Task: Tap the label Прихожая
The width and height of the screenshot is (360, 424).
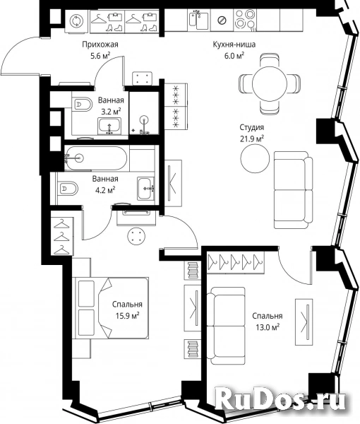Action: point(100,45)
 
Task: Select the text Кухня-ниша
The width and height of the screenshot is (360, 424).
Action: point(234,45)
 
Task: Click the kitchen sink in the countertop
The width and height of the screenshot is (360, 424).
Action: point(198,20)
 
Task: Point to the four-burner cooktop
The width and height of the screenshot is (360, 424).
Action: point(245,20)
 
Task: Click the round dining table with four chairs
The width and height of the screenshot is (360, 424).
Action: point(269,84)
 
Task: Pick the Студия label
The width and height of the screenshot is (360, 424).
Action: point(252,127)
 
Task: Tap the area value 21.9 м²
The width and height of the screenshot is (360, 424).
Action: point(252,139)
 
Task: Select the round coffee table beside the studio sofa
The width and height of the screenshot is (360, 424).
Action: point(255,158)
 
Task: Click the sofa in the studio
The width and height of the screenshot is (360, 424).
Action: point(293,190)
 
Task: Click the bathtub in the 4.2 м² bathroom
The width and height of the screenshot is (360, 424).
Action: point(95,158)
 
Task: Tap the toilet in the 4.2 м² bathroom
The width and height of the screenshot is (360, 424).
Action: point(67,189)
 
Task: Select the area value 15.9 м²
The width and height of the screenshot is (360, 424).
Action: point(128,316)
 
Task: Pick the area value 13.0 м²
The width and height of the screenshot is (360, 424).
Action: point(268,327)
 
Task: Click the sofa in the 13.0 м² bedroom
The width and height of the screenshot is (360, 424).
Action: point(227,326)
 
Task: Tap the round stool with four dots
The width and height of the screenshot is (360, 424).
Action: point(136,236)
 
